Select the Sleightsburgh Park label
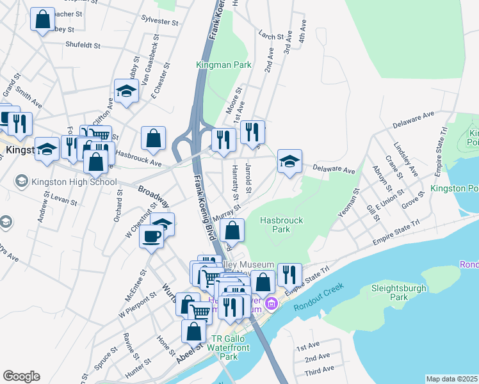point(399,292)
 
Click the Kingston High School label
point(67,181)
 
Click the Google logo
point(21,376)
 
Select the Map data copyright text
point(451,379)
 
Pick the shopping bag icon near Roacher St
point(43,20)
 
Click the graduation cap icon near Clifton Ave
point(126,92)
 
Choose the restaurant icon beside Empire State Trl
point(289,275)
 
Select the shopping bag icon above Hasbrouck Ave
point(153,139)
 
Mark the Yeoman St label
point(348,202)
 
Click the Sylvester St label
point(160,21)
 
